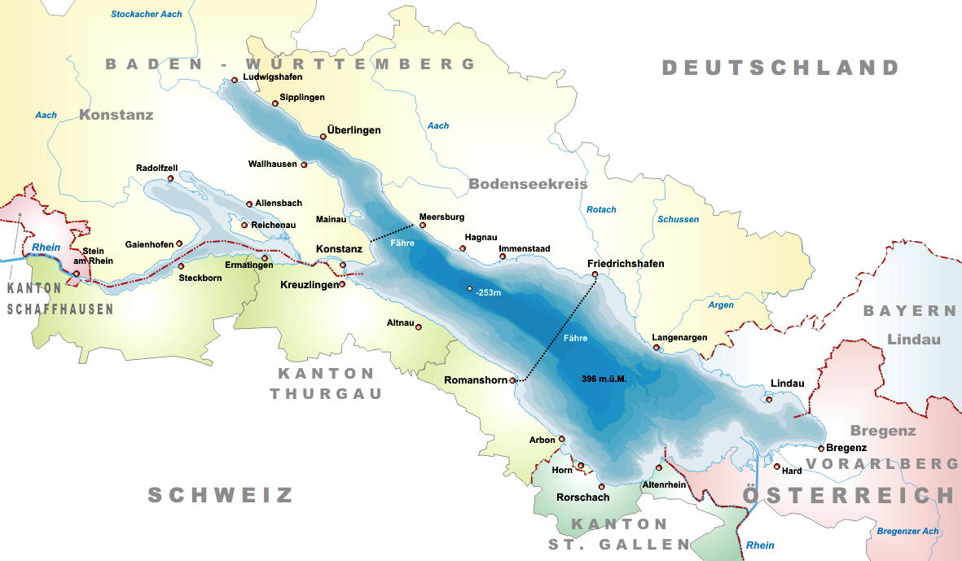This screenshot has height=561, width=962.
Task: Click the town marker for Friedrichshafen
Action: point(595,274)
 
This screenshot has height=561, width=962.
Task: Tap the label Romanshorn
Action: point(476,380)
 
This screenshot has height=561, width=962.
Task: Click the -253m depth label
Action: point(490,291)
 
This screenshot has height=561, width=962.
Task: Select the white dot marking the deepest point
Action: point(469,288)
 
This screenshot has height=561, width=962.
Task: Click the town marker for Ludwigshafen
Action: point(235,80)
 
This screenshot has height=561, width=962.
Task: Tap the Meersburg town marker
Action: point(423,226)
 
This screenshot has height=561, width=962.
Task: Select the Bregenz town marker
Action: point(821,448)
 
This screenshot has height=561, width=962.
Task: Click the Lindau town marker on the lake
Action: point(770,399)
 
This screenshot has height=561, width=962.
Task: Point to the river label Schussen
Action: point(678,220)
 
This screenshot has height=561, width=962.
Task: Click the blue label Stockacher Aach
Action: point(147,15)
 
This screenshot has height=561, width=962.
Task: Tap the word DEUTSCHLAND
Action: point(780,68)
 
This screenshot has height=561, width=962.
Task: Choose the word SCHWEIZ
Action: point(220,495)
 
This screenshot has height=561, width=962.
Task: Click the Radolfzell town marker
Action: point(171,178)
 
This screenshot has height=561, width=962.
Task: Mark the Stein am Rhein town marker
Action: point(77,274)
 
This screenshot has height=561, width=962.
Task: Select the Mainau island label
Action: point(331,220)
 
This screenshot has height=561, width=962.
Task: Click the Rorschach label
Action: point(582,497)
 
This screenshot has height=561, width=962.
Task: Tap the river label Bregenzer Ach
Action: point(907,532)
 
